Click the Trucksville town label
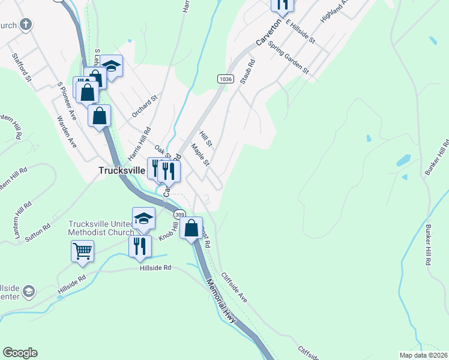[122, 170]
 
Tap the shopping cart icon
[82, 250]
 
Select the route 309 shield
[179, 214]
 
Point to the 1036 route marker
[225, 79]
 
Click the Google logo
[20, 353]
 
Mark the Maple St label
[200, 154]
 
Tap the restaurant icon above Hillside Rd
[140, 245]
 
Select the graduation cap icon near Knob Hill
[144, 218]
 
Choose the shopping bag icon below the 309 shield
[191, 228]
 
